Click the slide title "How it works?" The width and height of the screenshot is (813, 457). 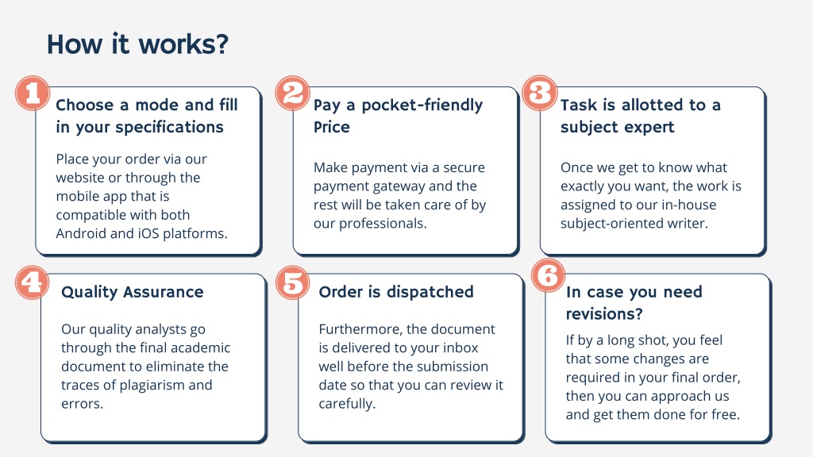coord(137,44)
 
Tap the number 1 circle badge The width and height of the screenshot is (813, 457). coord(33,94)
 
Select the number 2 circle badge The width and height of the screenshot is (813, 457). coord(292,94)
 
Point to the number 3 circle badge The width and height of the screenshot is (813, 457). coord(540,94)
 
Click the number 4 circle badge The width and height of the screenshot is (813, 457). coord(33,282)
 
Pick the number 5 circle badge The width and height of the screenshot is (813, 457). coord(292,282)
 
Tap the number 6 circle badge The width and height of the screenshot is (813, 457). coord(548,275)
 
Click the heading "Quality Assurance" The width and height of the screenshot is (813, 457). coord(133,292)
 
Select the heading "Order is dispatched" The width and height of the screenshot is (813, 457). coord(396,292)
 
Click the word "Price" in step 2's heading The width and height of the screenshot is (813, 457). coord(331,127)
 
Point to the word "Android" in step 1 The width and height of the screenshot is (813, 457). coord(81,234)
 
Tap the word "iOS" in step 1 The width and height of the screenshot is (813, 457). coord(148,234)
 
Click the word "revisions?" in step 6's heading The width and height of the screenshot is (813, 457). coord(604,314)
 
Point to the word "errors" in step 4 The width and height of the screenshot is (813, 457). coord(82,404)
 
